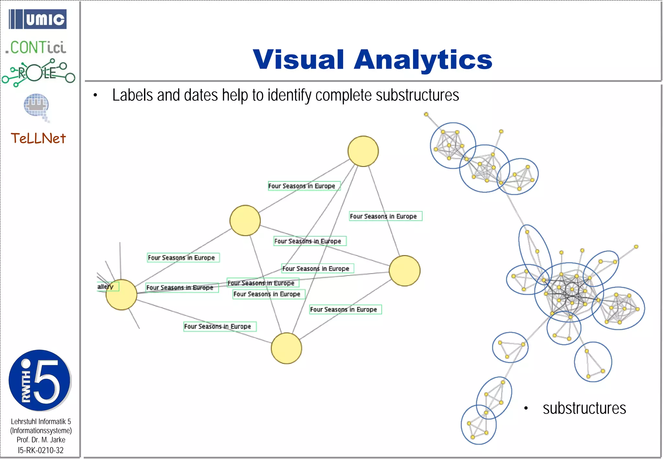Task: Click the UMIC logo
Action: [x=38, y=19]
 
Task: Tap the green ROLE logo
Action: [x=38, y=73]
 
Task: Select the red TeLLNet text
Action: [x=38, y=139]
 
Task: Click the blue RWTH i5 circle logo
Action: [x=39, y=380]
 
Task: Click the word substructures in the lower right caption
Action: [x=584, y=408]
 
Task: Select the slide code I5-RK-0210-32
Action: [x=41, y=450]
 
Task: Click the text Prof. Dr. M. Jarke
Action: [x=41, y=440]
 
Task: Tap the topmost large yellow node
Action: [x=363, y=151]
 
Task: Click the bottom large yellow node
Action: [x=286, y=348]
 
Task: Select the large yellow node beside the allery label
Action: [x=121, y=295]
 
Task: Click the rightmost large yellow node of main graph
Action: [x=404, y=271]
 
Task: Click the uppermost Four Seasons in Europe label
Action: [x=304, y=186]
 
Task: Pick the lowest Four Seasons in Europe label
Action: [x=220, y=326]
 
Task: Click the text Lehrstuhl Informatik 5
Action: [x=41, y=421]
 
